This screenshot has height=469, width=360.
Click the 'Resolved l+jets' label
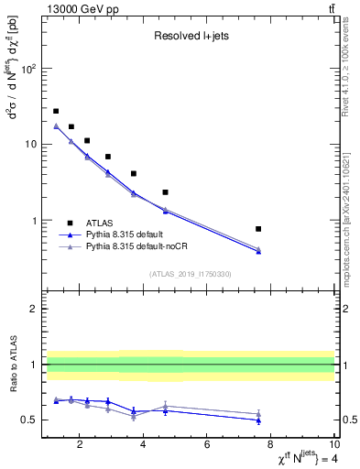coord(189,37)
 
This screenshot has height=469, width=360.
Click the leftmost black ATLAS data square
coord(56,111)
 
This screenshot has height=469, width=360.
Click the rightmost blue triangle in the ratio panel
coord(258,420)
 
